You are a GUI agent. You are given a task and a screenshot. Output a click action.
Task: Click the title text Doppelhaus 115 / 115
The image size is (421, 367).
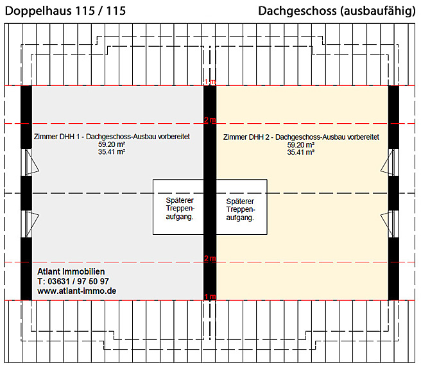(65, 11)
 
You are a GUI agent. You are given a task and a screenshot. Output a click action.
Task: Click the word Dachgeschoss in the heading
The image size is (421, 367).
(297, 11)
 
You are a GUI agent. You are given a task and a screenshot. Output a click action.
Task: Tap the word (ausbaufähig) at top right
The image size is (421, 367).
(378, 11)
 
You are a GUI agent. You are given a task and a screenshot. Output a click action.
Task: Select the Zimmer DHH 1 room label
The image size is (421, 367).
(112, 137)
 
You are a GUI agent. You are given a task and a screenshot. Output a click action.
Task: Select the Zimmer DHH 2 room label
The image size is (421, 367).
(301, 137)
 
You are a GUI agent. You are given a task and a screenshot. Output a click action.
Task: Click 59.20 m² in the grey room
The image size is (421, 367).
(112, 144)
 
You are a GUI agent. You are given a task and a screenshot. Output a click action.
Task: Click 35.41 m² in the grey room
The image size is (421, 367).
(112, 151)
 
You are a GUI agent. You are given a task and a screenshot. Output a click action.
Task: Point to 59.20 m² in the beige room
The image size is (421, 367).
(301, 145)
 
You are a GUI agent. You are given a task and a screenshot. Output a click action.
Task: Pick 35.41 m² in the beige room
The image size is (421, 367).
(301, 152)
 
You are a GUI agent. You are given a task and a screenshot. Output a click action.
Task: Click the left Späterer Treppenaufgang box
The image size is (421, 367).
(178, 207)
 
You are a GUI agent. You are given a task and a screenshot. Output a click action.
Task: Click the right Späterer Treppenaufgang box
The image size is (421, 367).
(242, 207)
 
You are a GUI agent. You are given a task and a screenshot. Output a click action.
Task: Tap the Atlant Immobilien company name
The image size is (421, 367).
(71, 271)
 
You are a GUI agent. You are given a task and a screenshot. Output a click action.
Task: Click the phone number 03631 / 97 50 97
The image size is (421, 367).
(78, 282)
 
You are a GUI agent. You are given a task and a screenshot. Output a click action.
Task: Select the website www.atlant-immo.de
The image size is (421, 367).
(77, 291)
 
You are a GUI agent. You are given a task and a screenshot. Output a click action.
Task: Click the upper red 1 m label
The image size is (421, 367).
(210, 81)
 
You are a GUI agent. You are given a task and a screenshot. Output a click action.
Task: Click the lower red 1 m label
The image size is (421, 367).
(210, 296)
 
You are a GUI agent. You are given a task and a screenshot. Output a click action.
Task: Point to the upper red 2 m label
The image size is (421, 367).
(210, 120)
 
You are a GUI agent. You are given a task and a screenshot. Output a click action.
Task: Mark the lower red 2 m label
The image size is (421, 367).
(210, 259)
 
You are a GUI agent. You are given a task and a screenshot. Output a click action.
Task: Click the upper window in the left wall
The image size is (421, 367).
(30, 162)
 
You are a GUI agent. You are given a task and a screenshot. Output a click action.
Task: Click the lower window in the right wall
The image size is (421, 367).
(390, 224)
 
